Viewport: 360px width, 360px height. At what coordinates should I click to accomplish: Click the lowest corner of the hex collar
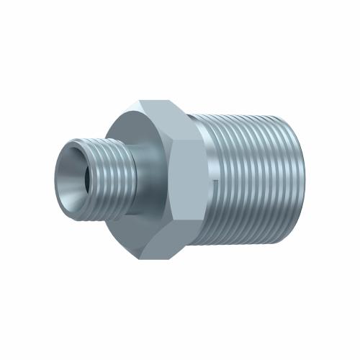tap(170, 257)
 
